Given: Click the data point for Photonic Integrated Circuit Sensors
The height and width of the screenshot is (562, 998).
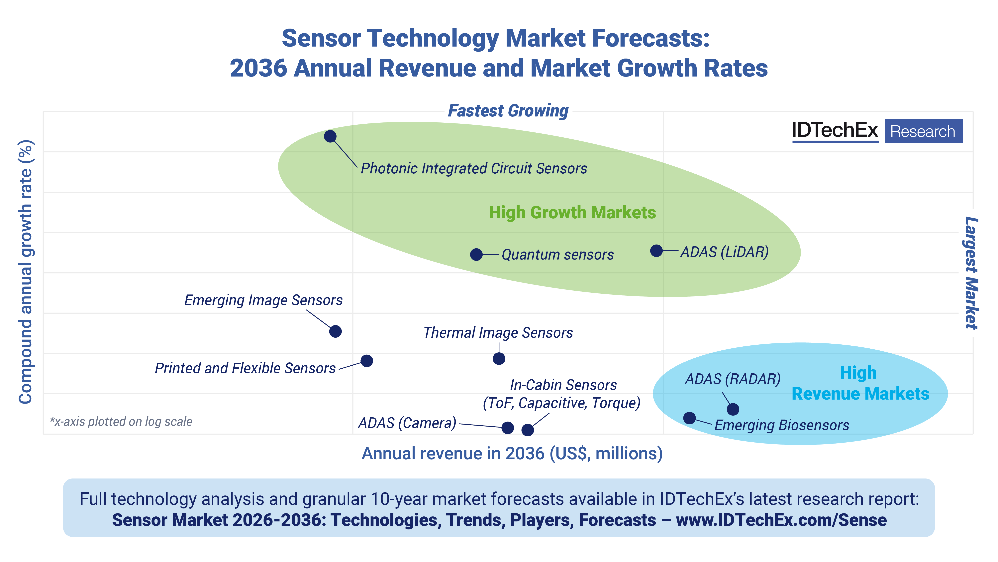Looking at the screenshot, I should (330, 136).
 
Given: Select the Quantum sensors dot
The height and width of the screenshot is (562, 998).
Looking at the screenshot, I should (476, 255).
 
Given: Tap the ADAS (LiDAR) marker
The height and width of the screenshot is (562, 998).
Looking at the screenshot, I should (656, 251).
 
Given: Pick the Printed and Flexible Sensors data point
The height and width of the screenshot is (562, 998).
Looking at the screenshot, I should (366, 361).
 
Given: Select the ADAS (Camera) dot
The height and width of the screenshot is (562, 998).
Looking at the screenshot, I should (508, 428).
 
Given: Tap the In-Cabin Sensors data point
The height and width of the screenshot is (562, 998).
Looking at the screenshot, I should (528, 430).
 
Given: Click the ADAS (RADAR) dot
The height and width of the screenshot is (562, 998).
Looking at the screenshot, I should (733, 409).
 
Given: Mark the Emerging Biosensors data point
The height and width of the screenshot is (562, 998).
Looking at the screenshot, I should (689, 418).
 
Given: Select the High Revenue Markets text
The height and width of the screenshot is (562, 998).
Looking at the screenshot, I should (860, 383).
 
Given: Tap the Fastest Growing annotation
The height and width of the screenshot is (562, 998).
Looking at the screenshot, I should (508, 111).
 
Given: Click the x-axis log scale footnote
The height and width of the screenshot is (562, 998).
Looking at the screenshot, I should (121, 422).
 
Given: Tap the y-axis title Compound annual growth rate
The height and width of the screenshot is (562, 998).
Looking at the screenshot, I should (26, 272).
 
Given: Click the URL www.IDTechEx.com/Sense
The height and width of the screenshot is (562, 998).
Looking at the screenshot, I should (781, 520).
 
